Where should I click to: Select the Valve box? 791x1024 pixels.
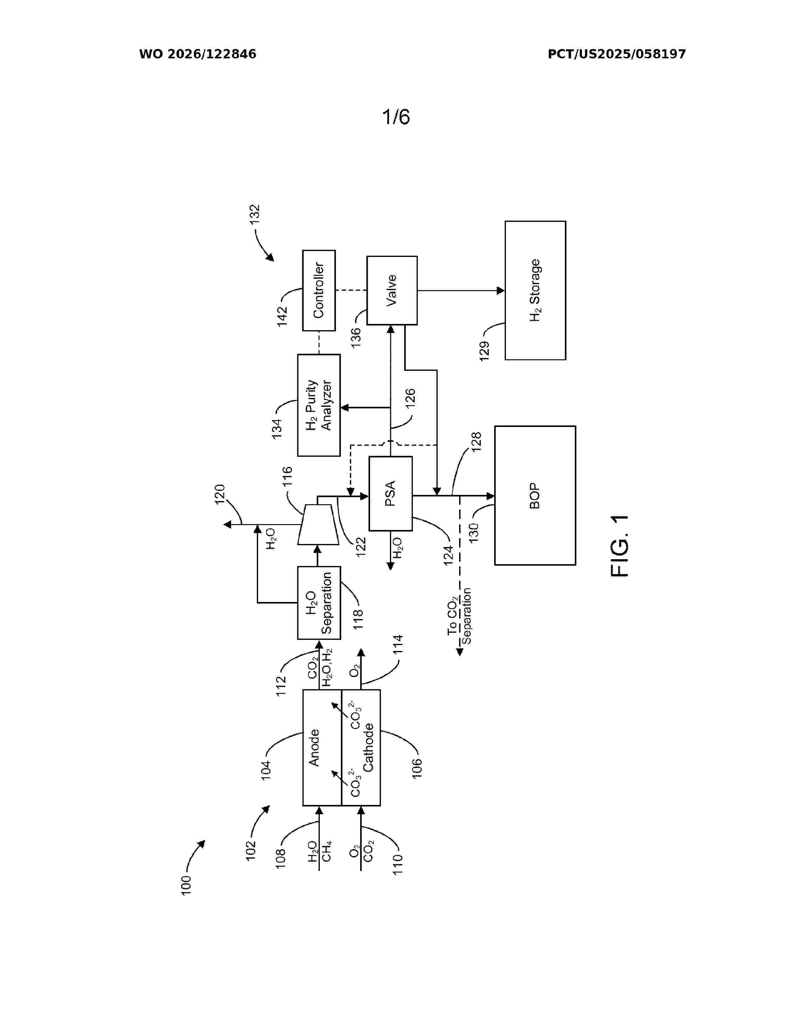tap(392, 290)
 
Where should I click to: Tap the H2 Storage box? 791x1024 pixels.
tap(535, 290)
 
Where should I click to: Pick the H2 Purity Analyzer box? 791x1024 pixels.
tap(319, 405)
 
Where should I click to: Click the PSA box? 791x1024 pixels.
tap(390, 493)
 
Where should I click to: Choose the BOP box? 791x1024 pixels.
tap(535, 496)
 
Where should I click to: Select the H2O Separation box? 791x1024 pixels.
tap(319, 603)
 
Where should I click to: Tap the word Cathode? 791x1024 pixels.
tap(368, 748)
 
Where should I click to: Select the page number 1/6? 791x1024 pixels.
tap(396, 116)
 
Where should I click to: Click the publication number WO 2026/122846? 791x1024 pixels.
tap(198, 54)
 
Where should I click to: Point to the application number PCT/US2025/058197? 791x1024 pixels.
tap(617, 54)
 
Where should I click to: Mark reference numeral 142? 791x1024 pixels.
tap(282, 317)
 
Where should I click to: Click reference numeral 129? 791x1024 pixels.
tap(484, 351)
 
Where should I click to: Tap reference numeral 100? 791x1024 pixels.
tap(186, 886)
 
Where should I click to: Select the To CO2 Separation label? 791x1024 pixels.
tap(459, 616)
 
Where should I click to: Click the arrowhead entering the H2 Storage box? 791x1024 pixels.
tap(500, 291)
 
